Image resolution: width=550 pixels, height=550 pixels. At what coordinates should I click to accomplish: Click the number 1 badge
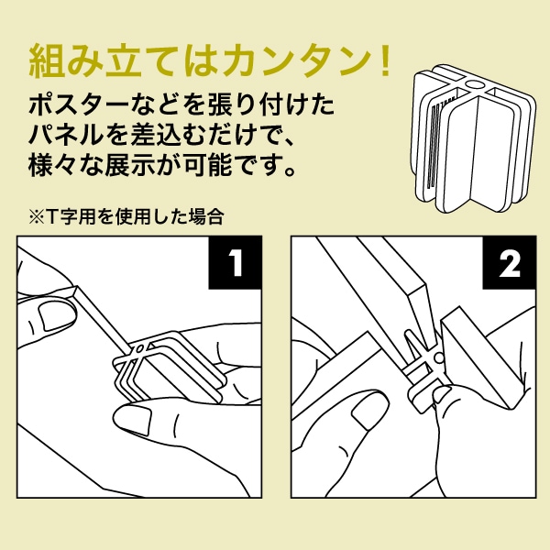pos(236,263)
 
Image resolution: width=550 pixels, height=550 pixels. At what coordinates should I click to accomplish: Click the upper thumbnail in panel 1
pos(55,316)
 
